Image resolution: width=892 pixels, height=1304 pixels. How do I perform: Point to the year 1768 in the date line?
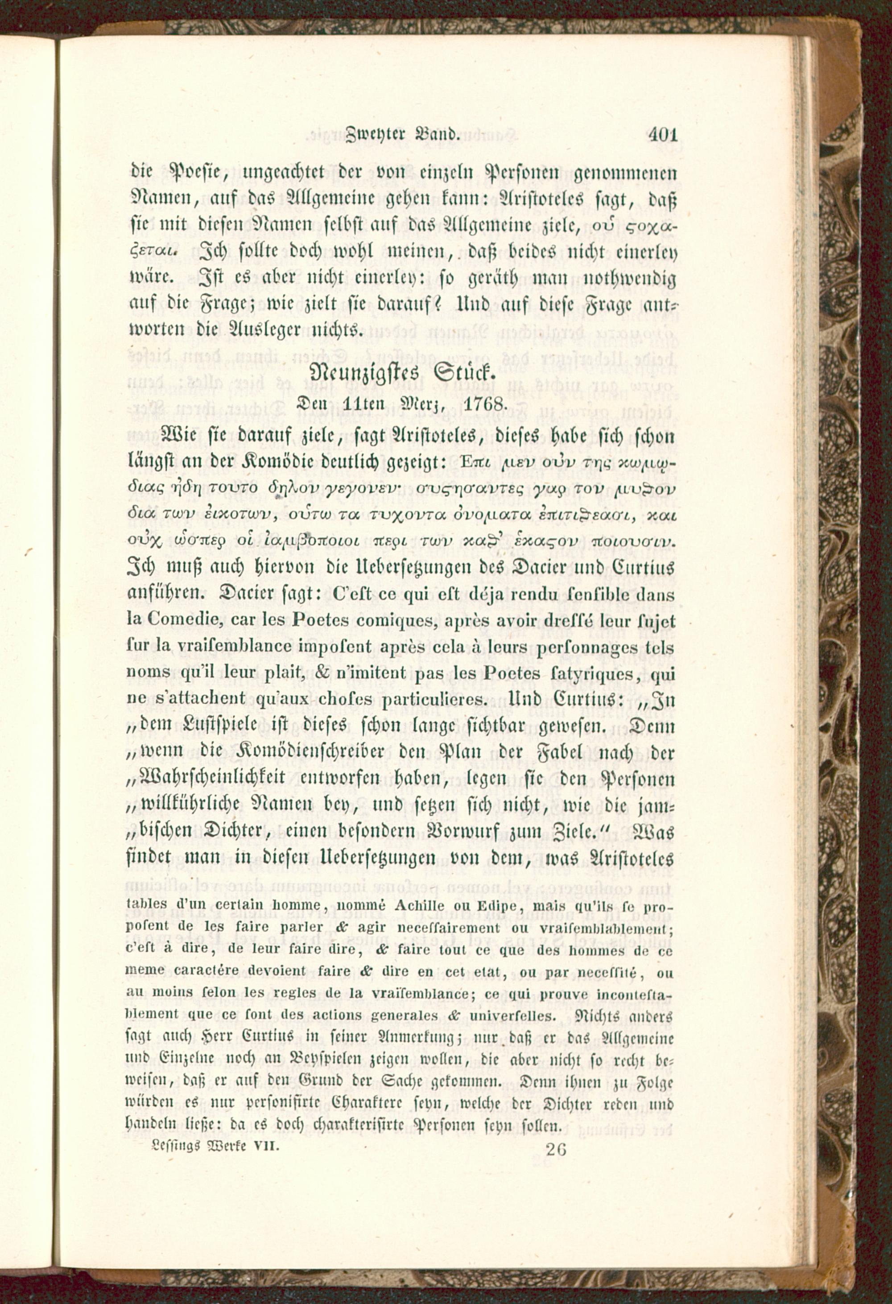(490, 404)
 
